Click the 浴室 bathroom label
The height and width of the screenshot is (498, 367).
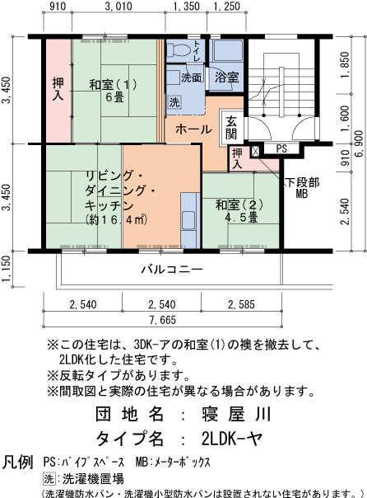click(x=226, y=77)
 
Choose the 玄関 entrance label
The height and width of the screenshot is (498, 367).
click(x=230, y=127)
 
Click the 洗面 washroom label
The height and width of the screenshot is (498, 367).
click(x=191, y=77)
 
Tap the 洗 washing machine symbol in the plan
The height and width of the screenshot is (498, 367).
click(x=174, y=103)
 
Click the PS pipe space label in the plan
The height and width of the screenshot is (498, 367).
click(x=281, y=148)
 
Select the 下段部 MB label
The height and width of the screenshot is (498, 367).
click(x=301, y=187)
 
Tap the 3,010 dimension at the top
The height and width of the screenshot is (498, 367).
click(x=118, y=7)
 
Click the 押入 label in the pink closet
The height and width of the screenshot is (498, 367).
click(x=58, y=89)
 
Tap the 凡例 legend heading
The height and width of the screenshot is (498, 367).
click(x=18, y=461)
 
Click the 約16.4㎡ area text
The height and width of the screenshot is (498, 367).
click(x=115, y=219)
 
